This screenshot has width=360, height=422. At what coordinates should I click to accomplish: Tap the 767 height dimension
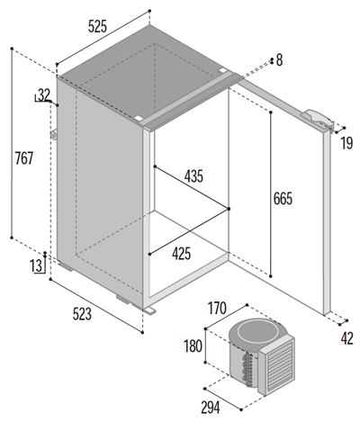click(x=24, y=158)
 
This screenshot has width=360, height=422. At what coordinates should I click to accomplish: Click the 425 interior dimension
click(x=181, y=254)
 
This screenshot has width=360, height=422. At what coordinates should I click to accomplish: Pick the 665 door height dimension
click(x=284, y=197)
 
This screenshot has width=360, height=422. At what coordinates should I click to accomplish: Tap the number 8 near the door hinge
click(x=279, y=60)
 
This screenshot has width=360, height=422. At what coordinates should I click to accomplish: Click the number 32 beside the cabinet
click(x=44, y=94)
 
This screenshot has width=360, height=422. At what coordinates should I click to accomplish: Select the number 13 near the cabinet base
click(x=35, y=265)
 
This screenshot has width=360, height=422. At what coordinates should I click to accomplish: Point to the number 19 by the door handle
click(x=346, y=142)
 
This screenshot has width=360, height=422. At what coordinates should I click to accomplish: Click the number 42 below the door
click(x=346, y=339)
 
